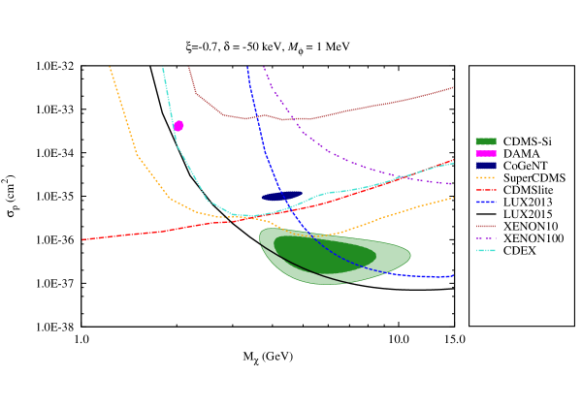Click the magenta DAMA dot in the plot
click(x=178, y=126)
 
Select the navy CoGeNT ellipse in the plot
click(x=281, y=196)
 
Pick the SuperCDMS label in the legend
click(x=534, y=178)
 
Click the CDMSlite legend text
click(x=529, y=190)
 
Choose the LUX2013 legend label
click(x=530, y=203)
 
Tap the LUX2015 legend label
click(x=530, y=214)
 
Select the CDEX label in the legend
click(x=519, y=251)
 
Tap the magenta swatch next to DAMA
click(x=487, y=154)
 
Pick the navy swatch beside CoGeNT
click(x=487, y=166)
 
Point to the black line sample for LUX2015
click(x=487, y=214)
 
